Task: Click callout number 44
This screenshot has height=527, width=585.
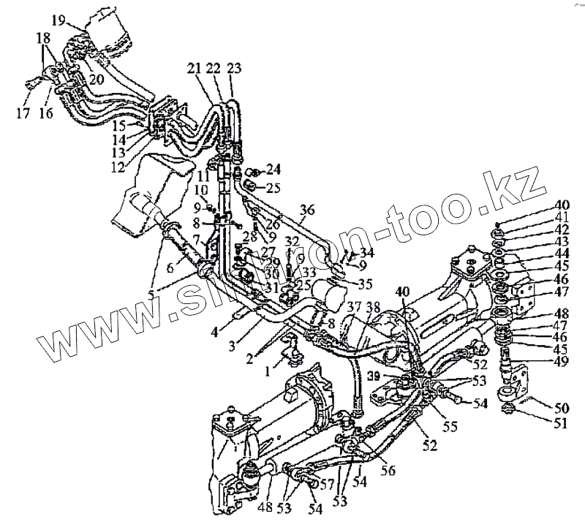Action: point(562,252)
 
